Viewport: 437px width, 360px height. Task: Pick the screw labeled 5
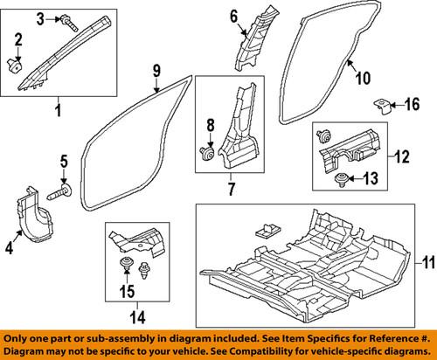point(64,190)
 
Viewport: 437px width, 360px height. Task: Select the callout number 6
point(234,15)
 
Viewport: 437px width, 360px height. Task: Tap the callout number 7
point(231,185)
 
